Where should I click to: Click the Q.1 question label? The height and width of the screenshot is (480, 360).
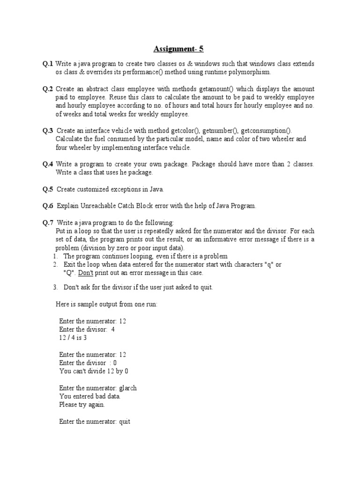pos(48,64)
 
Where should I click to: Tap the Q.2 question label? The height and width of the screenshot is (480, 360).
pos(48,89)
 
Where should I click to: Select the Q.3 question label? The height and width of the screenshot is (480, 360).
pos(48,131)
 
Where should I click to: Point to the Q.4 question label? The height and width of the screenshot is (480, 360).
pos(48,165)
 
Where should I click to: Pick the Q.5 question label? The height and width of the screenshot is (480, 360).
pos(48,189)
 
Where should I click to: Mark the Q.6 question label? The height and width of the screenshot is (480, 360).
pos(48,206)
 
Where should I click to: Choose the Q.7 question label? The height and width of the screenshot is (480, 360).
pos(48,223)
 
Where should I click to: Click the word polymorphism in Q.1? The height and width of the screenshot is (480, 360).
pos(251,73)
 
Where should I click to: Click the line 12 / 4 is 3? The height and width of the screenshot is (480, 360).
pos(73,337)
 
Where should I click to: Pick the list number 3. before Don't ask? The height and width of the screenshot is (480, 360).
pos(55,287)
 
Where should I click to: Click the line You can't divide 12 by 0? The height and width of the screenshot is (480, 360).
pos(94,371)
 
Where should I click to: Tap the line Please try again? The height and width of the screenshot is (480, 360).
pos(82,405)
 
